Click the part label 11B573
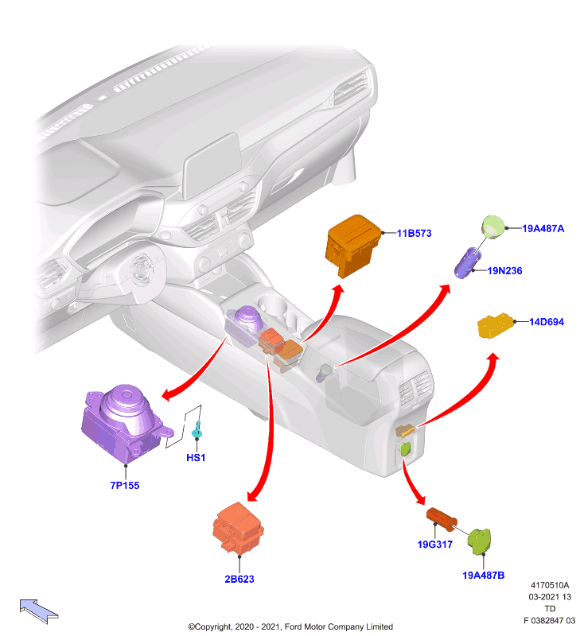414,233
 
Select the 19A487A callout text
543,228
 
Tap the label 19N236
504,270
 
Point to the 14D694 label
547,322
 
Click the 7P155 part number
125,485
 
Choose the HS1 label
196,458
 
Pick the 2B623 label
239,579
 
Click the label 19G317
434,545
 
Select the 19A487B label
484,575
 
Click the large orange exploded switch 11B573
352,246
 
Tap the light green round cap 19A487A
493,227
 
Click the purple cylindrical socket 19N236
468,263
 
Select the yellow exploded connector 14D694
495,325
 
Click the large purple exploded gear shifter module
125,422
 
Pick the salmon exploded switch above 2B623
238,528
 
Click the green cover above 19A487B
479,541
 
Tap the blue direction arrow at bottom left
38,611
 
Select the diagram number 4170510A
550,585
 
